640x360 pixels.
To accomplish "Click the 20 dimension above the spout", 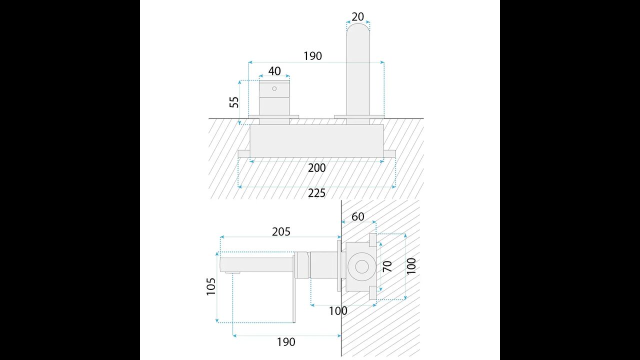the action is (357, 17).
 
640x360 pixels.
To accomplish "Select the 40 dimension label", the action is (274, 71).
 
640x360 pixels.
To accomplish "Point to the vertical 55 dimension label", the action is (234, 102).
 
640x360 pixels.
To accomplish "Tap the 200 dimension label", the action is (316, 168).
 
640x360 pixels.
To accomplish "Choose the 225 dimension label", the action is (316, 193).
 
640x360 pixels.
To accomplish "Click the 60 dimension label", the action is (357, 217).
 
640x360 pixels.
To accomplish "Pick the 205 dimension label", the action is (281, 231).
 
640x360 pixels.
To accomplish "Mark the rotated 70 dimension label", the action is (387, 266).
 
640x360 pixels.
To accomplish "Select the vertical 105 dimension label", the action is (211, 286).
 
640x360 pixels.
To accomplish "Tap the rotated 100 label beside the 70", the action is (411, 266).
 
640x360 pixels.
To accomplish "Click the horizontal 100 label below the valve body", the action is (338, 311).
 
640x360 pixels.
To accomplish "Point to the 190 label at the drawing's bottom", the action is (286, 342).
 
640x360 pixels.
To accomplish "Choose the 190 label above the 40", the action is (312, 56).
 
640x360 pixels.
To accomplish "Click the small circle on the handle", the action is (274, 88).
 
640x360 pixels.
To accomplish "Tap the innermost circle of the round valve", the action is (361, 266).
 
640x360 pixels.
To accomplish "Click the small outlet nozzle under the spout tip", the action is (232, 273).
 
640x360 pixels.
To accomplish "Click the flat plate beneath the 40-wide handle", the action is (273, 117).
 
